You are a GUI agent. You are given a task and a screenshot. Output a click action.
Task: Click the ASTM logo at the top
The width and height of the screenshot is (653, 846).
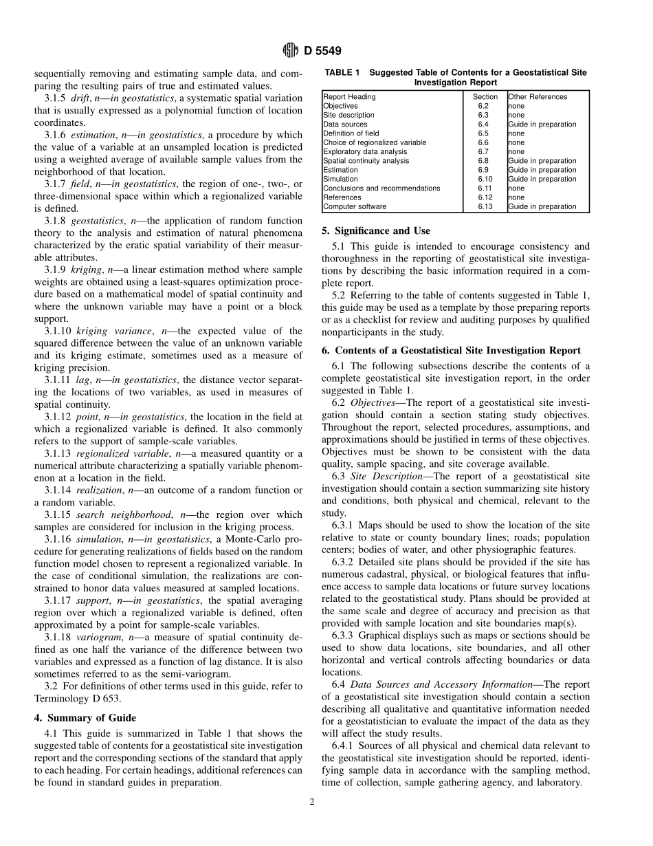point(290,51)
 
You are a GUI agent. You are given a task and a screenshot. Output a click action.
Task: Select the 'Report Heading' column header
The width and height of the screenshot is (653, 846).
point(349,97)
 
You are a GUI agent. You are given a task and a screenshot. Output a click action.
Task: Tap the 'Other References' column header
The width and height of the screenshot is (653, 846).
point(538,97)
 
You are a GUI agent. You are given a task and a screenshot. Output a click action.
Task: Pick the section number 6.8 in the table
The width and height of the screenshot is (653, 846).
point(483,161)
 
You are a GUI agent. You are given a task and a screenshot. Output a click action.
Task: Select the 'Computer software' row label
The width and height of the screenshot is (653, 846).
point(355,206)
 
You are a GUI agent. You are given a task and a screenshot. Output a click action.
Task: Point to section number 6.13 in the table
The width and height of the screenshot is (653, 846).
point(485,206)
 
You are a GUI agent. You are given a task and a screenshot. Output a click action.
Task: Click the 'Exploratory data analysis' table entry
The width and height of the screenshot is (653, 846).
point(365,151)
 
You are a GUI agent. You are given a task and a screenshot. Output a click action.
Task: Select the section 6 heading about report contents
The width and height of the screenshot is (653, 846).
point(452,350)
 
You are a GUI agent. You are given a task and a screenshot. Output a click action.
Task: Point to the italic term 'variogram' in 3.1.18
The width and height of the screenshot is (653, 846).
point(98,638)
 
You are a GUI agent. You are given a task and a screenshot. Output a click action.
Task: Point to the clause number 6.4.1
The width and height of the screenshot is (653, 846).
point(345,746)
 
